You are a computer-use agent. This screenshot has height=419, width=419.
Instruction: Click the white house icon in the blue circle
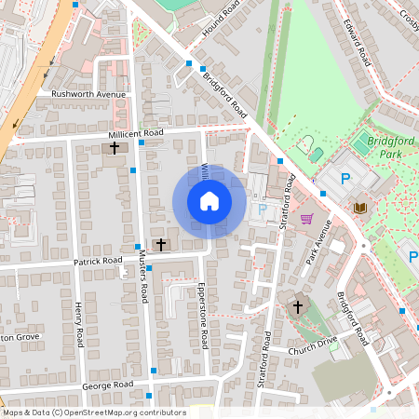tap(209, 200)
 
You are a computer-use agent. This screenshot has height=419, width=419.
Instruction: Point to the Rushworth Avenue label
tap(88, 94)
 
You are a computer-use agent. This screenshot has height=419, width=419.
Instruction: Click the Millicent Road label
tap(134, 134)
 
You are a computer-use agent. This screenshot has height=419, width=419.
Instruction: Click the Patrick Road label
tap(99, 262)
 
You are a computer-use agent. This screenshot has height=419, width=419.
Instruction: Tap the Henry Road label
tap(80, 322)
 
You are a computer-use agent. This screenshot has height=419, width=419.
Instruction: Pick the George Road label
tap(108, 384)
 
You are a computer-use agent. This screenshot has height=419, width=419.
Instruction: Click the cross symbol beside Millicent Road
tap(115, 148)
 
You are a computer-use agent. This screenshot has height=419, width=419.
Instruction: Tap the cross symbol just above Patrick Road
tap(160, 244)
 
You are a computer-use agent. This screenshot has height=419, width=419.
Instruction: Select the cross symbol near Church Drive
tap(298, 306)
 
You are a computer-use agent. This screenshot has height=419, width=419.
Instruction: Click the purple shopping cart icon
tap(306, 220)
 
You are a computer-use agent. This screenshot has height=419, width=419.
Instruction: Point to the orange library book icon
tap(361, 207)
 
